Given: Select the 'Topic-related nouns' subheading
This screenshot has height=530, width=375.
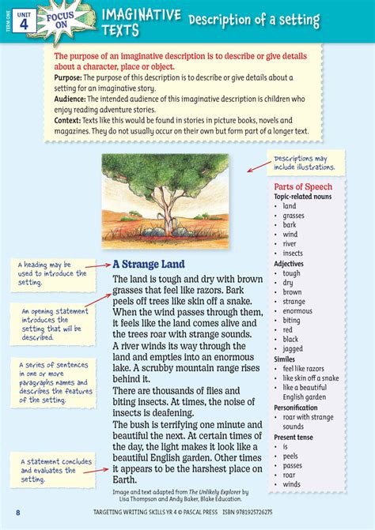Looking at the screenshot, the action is click(x=303, y=197).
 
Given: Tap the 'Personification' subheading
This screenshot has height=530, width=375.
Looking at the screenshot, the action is click(x=298, y=407).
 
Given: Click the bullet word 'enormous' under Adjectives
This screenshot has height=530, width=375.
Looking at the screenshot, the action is click(x=298, y=310).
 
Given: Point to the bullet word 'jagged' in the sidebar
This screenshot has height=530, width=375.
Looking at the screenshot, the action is click(x=294, y=348).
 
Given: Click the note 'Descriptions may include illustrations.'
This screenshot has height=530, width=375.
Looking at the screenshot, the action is click(x=305, y=163).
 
